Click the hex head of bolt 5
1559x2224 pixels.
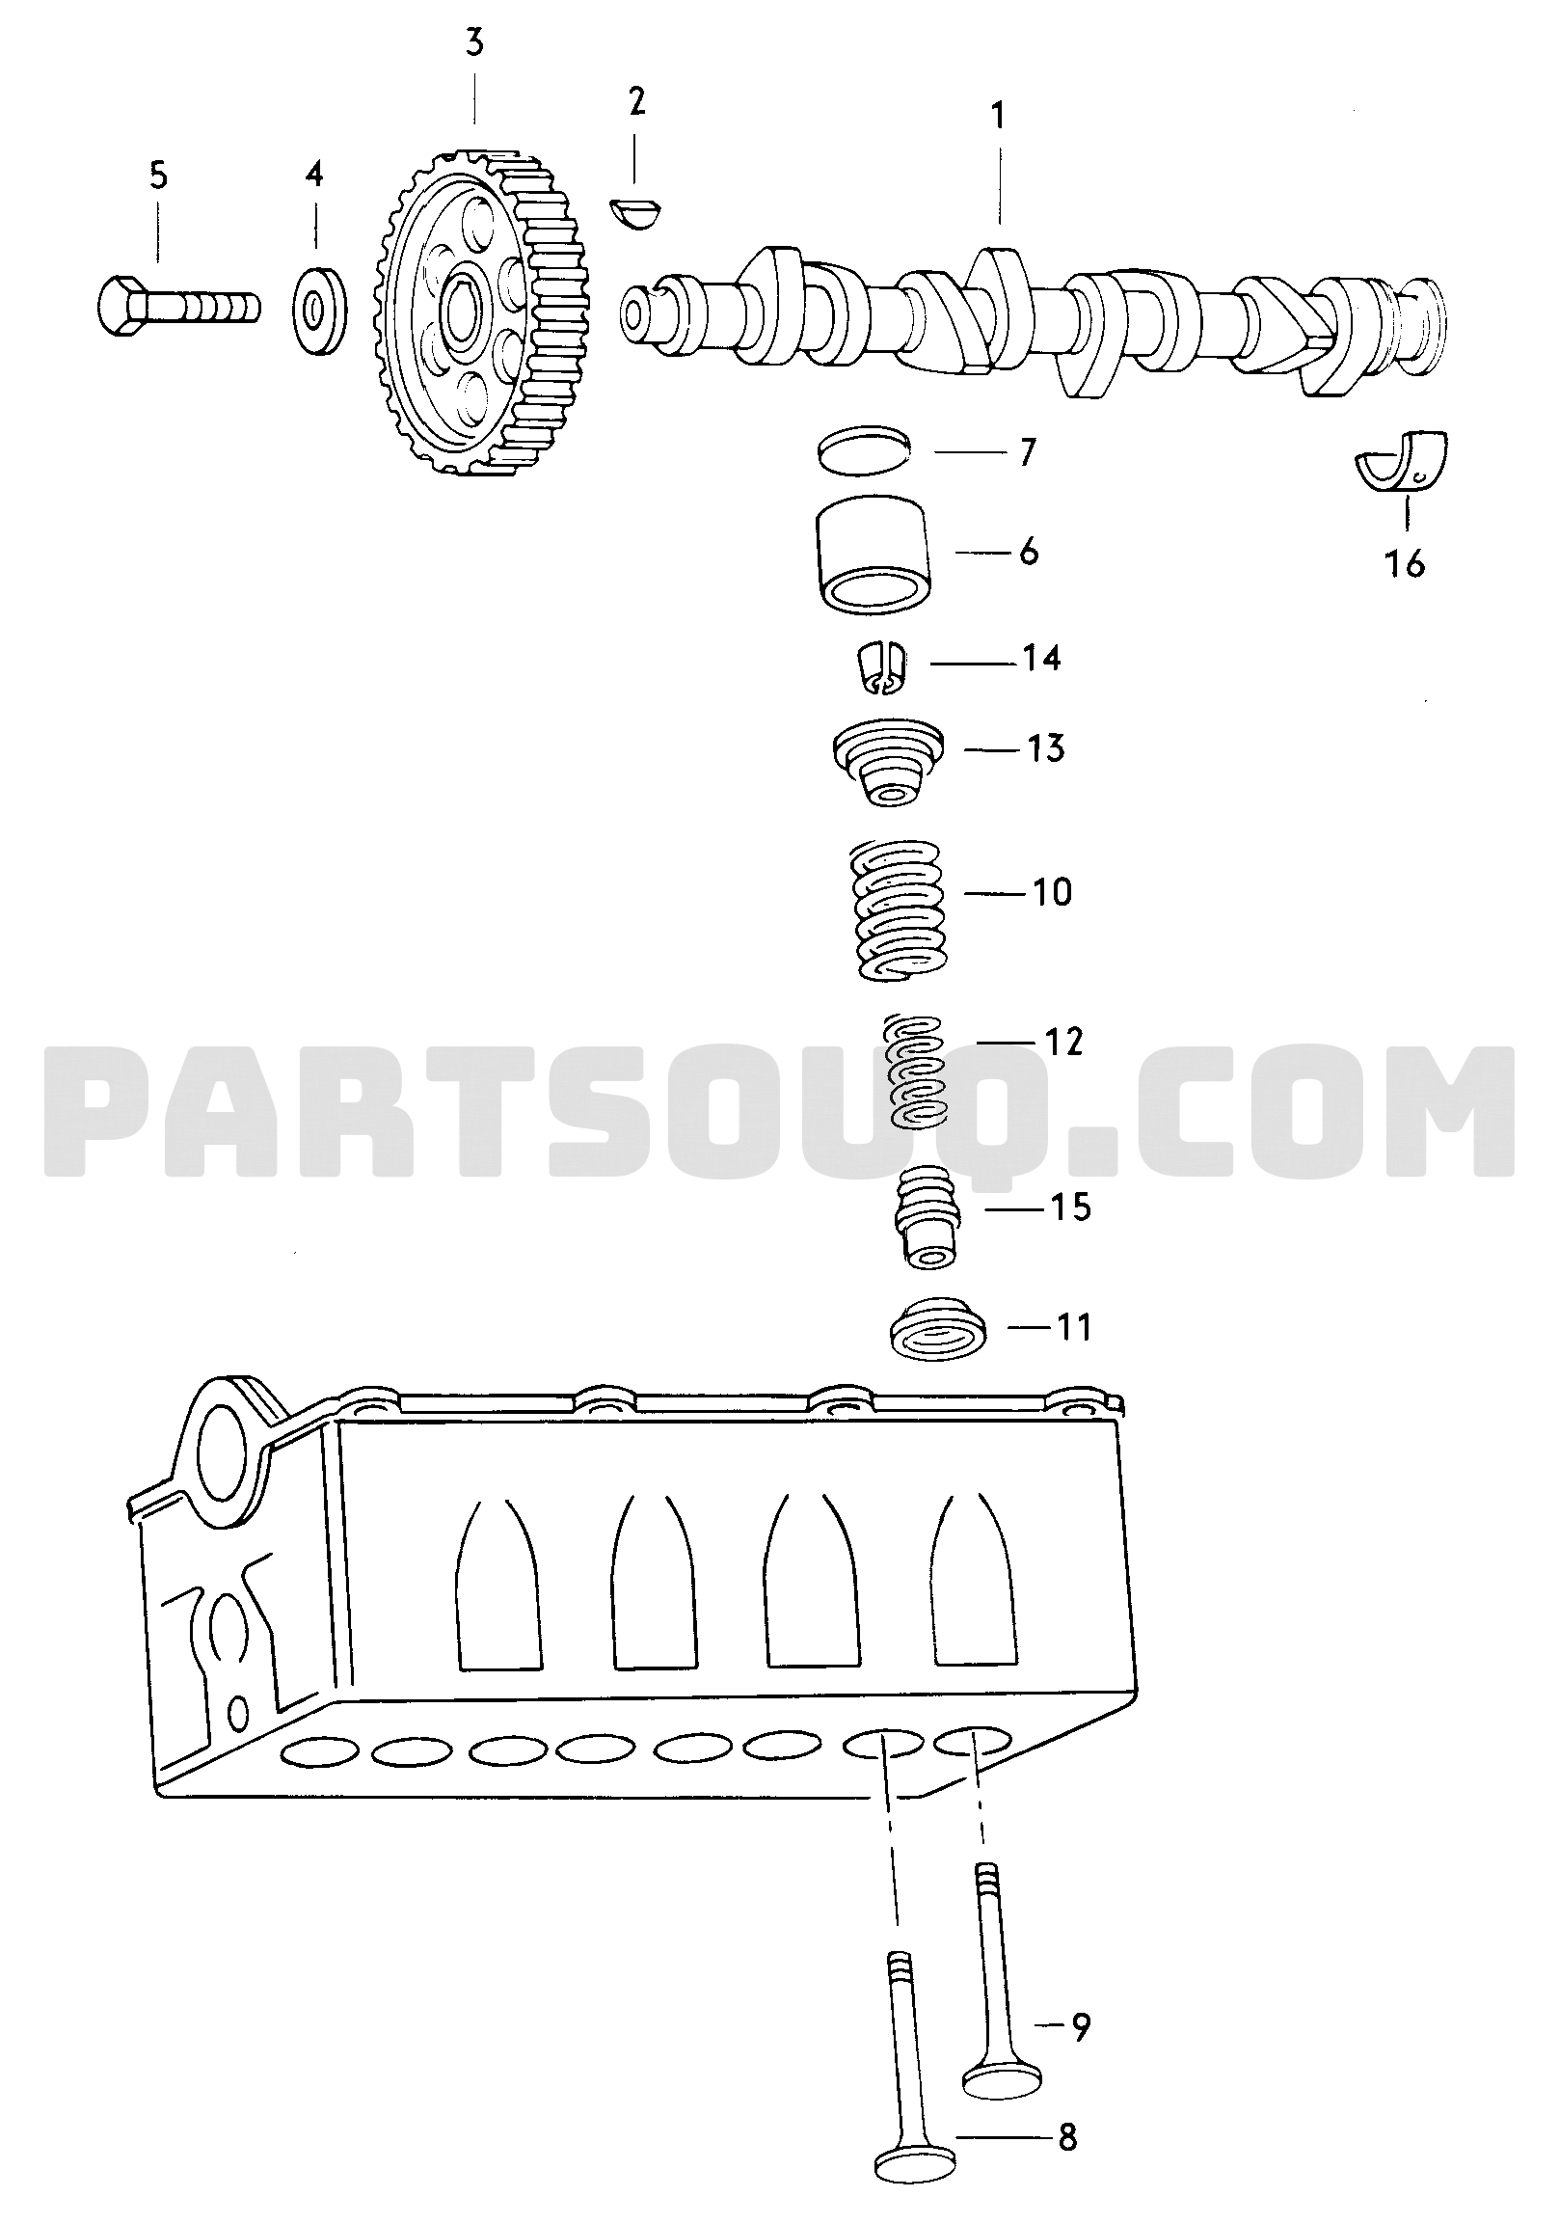pyautogui.click(x=121, y=305)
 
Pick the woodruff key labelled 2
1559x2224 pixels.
pyautogui.click(x=636, y=213)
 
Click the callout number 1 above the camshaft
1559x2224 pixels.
pyautogui.click(x=997, y=117)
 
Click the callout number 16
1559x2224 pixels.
pyautogui.click(x=1405, y=563)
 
